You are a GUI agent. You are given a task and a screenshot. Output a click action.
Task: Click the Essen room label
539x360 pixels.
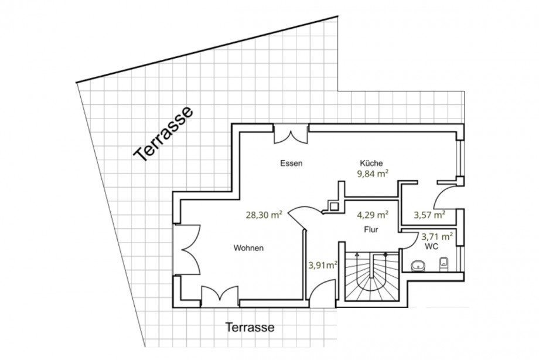pyautogui.click(x=291, y=163)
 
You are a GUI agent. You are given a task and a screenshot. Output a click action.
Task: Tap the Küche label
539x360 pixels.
pyautogui.click(x=371, y=163)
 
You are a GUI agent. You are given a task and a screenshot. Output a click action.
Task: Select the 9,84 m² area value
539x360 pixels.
pyautogui.click(x=373, y=174)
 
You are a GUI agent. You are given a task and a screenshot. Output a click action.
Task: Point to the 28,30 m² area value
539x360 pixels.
pyautogui.click(x=264, y=215)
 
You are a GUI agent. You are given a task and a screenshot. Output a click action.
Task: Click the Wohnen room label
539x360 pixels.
pyautogui.click(x=248, y=248)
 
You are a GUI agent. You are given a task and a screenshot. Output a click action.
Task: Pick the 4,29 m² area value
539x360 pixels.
pyautogui.click(x=373, y=215)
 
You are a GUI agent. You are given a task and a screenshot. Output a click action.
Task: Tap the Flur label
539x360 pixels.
pyautogui.click(x=371, y=229)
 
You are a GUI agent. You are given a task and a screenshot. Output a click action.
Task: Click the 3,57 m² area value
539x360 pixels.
pyautogui.click(x=429, y=215)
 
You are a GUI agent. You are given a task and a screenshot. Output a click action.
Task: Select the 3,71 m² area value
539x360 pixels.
pyautogui.click(x=437, y=236)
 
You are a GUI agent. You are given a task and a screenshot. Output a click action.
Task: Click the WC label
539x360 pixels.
pyautogui.click(x=431, y=247)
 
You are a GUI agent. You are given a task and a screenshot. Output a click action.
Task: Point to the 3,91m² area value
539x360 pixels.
pyautogui.click(x=323, y=265)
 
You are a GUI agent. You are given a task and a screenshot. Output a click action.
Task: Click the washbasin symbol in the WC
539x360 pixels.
pyautogui.click(x=418, y=265)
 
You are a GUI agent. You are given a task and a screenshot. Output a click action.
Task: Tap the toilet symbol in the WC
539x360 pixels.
pyautogui.click(x=444, y=264)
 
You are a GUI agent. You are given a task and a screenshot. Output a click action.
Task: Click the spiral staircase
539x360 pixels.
pyautogui.click(x=372, y=276)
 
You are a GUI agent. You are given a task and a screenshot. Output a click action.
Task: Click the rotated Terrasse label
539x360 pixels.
pyautogui.click(x=163, y=134)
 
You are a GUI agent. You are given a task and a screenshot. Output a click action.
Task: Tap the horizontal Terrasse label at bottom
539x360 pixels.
pyautogui.click(x=250, y=327)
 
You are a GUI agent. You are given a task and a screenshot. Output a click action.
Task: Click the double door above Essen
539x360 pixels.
pyautogui.click(x=291, y=134)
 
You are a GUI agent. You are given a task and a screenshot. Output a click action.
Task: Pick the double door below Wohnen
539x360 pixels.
pyautogui.click(x=220, y=296)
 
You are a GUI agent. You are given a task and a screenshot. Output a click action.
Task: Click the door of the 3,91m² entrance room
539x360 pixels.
pyautogui.click(x=322, y=294)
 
